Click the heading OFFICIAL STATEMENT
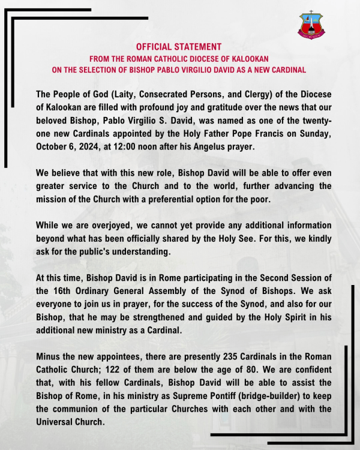[179, 46]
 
